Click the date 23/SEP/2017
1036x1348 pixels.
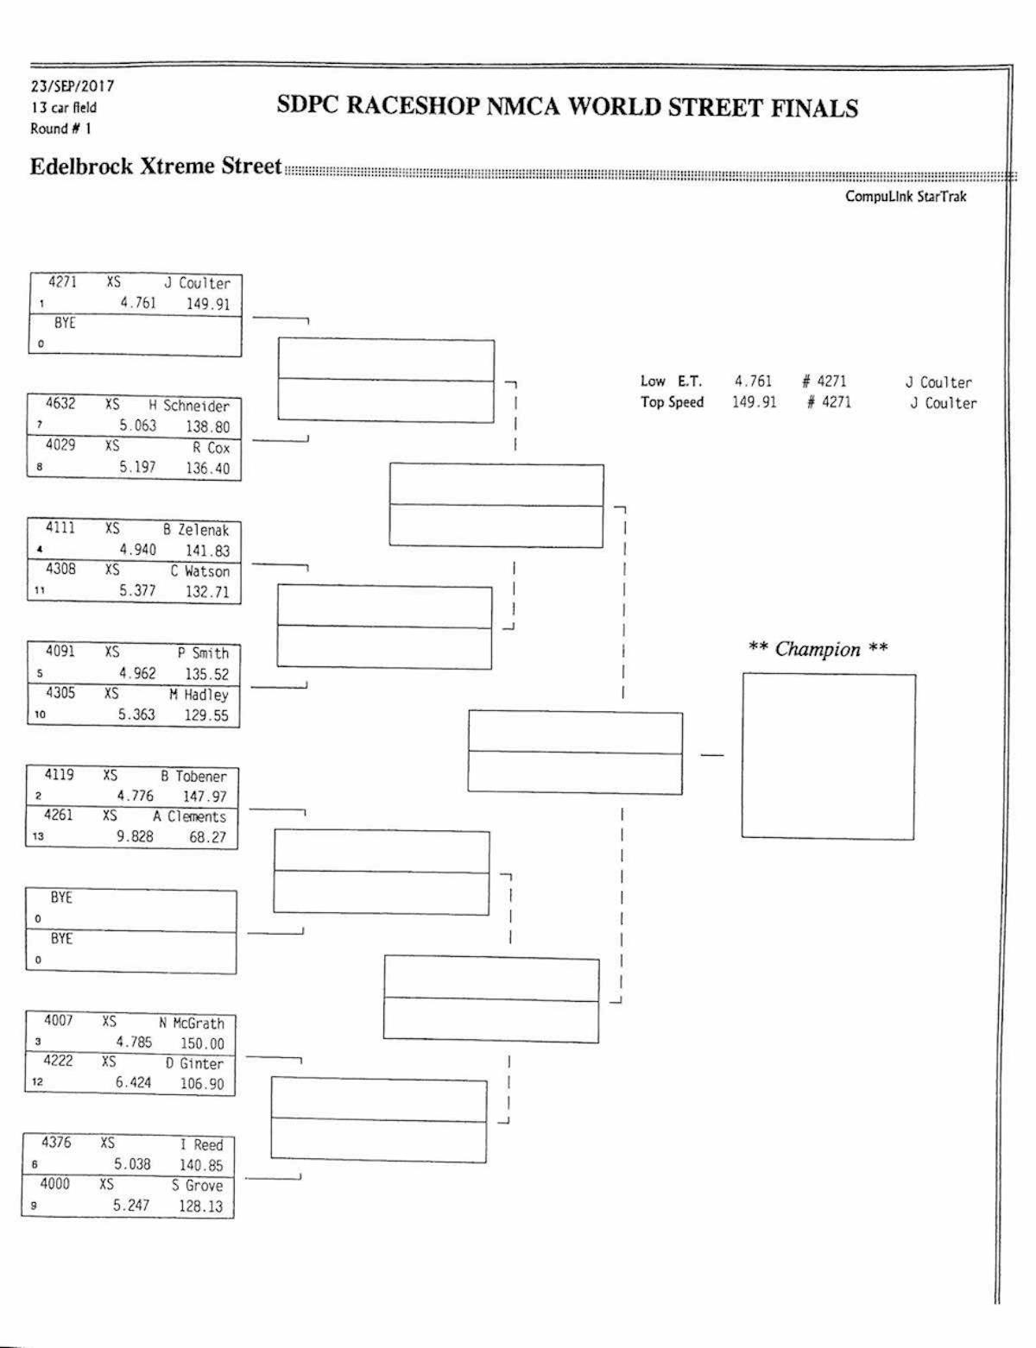pos(73,86)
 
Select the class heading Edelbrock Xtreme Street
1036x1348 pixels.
pos(155,166)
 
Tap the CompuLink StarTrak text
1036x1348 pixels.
pos(906,197)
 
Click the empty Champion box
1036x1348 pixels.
pos(828,755)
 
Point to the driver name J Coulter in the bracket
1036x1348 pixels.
pos(198,283)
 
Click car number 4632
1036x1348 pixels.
pos(60,404)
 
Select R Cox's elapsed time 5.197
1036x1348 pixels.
pos(137,467)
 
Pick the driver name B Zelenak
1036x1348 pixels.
pos(196,530)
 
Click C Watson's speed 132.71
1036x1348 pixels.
pos(207,592)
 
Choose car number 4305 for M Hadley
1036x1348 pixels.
pos(60,693)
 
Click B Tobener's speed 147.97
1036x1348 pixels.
pos(204,797)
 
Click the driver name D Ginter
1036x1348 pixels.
pos(194,1064)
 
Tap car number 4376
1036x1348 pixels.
pos(57,1143)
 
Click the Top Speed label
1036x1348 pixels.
pos(672,402)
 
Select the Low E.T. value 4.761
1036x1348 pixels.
pos(753,381)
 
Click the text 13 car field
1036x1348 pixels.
pos(64,108)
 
